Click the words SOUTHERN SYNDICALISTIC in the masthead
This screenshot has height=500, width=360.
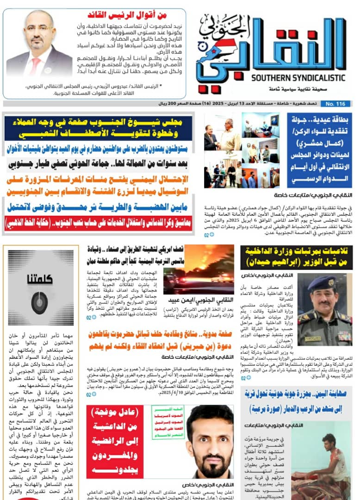click(298, 78)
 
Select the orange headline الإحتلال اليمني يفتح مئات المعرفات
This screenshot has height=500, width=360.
click(98, 185)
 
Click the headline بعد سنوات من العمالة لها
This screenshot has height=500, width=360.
click(98, 163)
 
